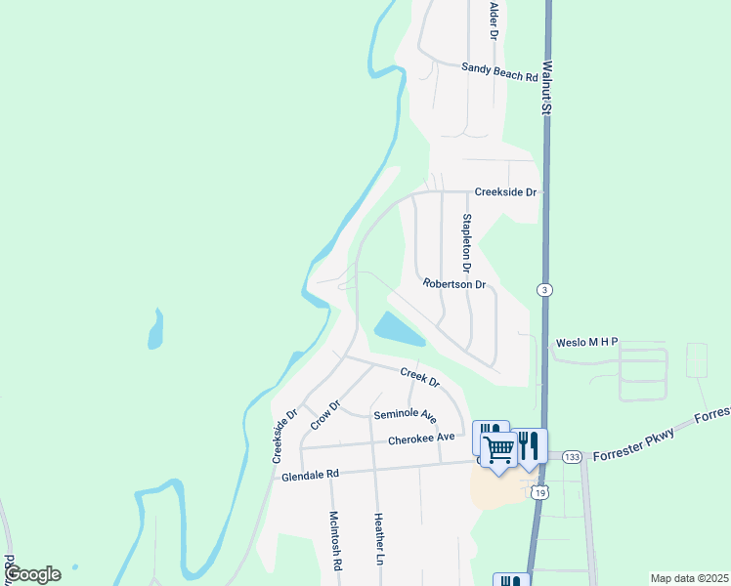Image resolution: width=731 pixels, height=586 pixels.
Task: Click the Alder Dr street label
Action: pyautogui.click(x=494, y=21)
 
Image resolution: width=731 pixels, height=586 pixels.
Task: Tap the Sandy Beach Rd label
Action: pyautogui.click(x=499, y=71)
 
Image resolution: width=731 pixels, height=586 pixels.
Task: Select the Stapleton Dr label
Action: pyautogui.click(x=467, y=243)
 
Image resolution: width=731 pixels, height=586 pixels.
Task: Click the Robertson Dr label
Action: pyautogui.click(x=454, y=284)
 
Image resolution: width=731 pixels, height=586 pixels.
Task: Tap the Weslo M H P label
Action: pyautogui.click(x=587, y=343)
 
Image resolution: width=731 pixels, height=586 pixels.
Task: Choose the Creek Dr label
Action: pyautogui.click(x=420, y=377)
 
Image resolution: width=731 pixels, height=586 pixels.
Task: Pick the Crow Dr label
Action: pyautogui.click(x=324, y=415)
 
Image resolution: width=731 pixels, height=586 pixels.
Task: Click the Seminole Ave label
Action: pyautogui.click(x=405, y=415)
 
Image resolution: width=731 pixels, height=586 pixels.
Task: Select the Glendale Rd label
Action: pyautogui.click(x=310, y=474)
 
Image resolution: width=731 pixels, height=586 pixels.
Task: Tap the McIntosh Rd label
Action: pyautogui.click(x=334, y=541)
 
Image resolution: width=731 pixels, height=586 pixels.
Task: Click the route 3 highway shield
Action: pyautogui.click(x=544, y=290)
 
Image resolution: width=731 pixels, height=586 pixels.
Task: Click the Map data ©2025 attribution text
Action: pyautogui.click(x=688, y=578)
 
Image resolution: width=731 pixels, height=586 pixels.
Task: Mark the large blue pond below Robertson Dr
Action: pyautogui.click(x=398, y=330)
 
